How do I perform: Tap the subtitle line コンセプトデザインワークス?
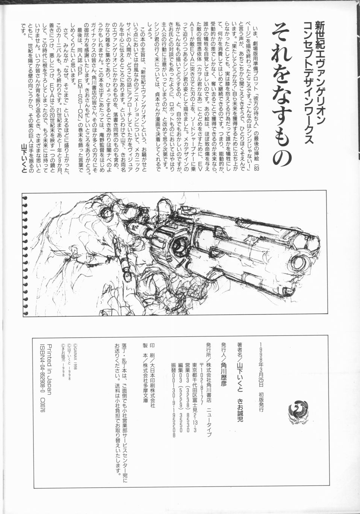[x=307, y=82]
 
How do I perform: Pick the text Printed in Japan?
[x=49, y=369]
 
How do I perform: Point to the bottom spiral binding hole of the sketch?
[x=26, y=313]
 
